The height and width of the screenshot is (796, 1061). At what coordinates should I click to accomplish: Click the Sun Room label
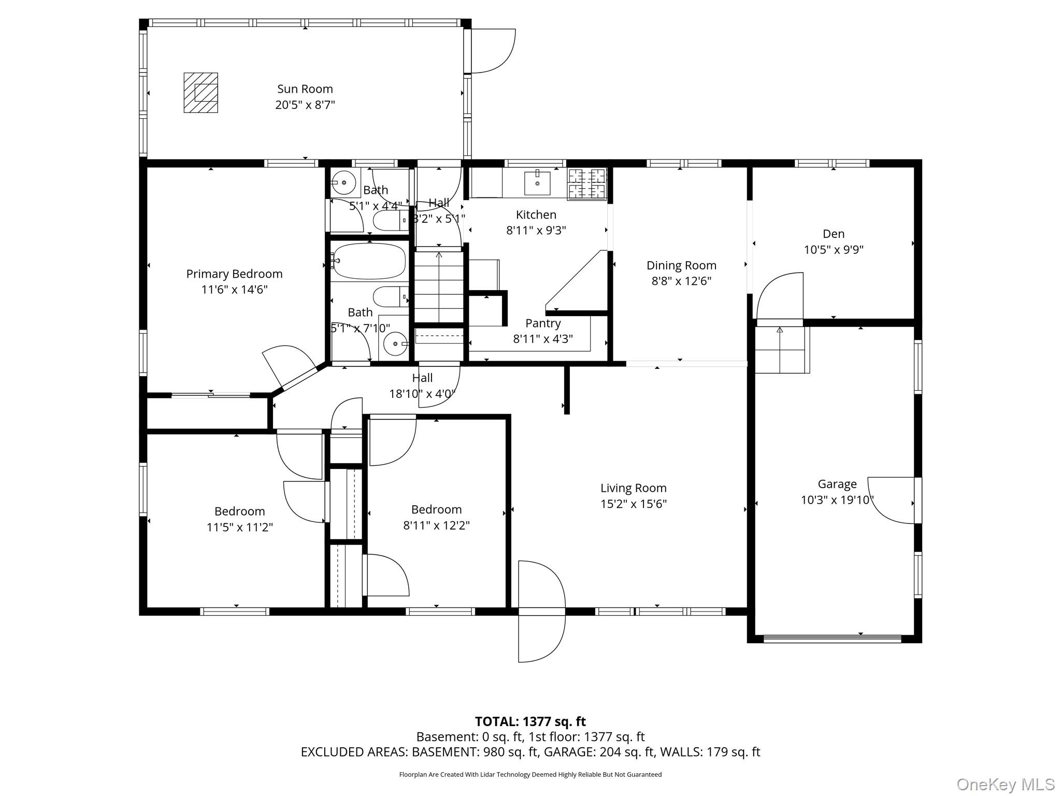[305, 89]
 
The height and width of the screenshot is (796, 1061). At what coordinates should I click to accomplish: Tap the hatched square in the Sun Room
[201, 93]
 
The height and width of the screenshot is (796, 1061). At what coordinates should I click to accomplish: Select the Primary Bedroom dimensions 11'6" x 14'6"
[234, 290]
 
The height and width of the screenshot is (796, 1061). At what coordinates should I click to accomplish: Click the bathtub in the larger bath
[369, 262]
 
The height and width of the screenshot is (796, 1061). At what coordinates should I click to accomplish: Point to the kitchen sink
[537, 183]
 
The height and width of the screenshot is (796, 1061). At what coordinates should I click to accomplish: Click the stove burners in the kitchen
[587, 183]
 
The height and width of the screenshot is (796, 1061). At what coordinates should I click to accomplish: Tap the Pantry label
[543, 323]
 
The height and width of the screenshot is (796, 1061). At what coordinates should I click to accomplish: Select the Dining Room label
[681, 265]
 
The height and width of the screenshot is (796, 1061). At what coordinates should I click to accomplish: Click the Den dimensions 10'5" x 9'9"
[834, 250]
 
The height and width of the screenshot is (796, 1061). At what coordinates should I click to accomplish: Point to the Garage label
[837, 484]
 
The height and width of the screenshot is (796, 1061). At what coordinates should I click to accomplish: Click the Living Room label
[633, 488]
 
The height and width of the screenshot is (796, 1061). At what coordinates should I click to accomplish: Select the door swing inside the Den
[780, 296]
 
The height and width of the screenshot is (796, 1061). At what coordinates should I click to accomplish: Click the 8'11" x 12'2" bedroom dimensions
[436, 525]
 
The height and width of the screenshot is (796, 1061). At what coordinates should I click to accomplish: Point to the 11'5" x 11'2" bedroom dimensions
[239, 528]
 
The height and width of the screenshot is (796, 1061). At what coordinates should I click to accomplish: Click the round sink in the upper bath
[343, 183]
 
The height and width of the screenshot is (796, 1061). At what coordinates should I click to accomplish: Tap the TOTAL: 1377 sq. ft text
[530, 721]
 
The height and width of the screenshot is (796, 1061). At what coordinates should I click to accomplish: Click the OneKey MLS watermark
[1005, 784]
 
